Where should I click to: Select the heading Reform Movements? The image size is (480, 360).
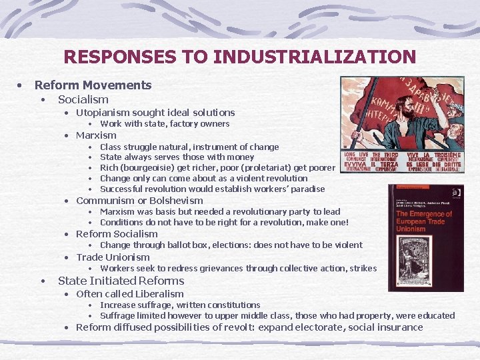click(x=93, y=85)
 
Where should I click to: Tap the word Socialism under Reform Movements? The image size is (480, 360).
click(x=83, y=99)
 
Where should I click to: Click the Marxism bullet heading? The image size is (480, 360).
click(x=96, y=135)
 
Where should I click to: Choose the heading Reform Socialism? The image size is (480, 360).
click(x=117, y=233)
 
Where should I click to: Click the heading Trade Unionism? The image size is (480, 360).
click(x=113, y=257)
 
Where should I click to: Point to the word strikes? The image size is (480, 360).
click(x=363, y=268)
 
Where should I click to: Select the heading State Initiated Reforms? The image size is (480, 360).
click(x=121, y=280)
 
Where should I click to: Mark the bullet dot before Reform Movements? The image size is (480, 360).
click(x=22, y=85)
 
